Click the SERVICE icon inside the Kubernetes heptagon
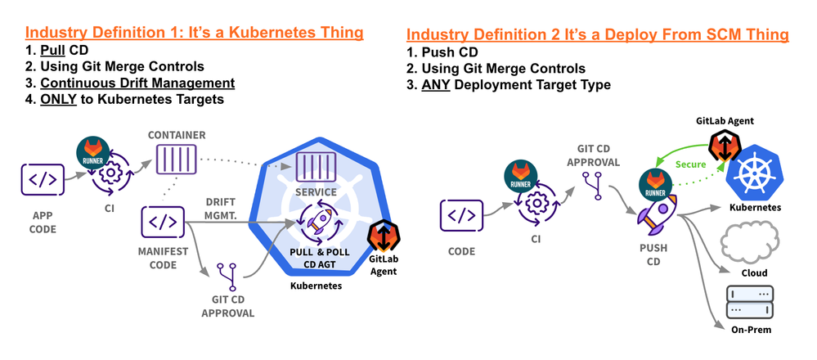(316, 168)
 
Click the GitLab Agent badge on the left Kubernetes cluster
(383, 238)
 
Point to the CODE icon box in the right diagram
(461, 215)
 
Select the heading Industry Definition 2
(597, 34)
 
